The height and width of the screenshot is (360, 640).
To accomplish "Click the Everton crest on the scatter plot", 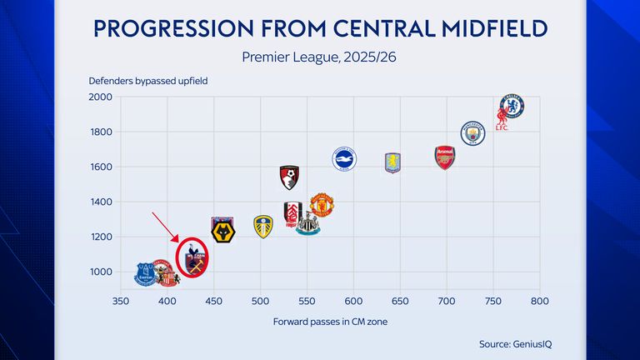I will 145,272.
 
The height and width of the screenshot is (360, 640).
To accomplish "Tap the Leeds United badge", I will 263,226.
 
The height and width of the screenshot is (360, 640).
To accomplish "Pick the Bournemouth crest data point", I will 289,176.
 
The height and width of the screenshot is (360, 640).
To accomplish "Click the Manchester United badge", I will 322,204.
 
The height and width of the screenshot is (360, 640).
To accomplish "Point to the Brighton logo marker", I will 345,158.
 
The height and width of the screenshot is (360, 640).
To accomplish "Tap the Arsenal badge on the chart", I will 445,157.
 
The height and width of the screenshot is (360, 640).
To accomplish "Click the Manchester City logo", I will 473,132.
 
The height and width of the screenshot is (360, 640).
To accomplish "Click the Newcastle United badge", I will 307,222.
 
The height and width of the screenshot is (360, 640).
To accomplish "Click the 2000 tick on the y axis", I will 100,97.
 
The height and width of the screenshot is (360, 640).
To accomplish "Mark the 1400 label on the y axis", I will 100,202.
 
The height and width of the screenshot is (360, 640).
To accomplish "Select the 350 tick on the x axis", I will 121,301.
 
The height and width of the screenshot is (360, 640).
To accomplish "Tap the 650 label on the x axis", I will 400,301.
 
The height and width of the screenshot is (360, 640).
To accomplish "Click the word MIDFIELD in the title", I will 481,29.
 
